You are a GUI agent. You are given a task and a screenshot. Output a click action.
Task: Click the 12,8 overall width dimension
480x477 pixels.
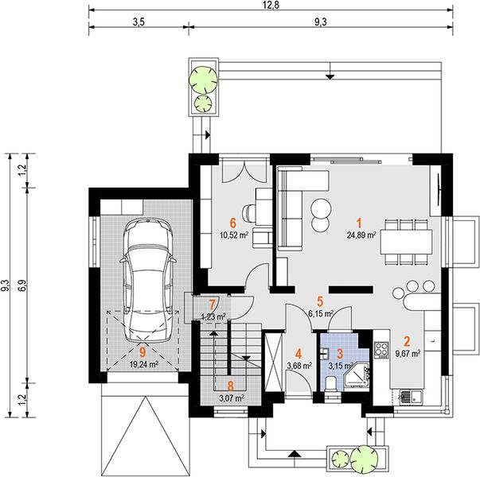click(x=271, y=6)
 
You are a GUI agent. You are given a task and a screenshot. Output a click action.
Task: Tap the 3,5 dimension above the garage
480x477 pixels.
click(x=139, y=22)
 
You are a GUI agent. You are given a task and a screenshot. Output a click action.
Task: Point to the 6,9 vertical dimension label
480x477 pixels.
click(x=23, y=285)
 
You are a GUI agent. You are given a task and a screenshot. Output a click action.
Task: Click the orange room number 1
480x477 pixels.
click(x=359, y=223)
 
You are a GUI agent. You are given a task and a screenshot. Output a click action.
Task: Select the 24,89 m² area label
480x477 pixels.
click(x=361, y=235)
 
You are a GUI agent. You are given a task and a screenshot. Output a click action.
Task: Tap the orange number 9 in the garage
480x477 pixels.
click(x=142, y=352)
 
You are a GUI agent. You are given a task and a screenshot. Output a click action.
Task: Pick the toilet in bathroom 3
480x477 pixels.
click(x=330, y=383)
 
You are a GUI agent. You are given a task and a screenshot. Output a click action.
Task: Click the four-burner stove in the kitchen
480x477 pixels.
click(x=382, y=349)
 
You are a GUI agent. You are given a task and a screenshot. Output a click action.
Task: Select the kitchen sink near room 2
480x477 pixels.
click(x=411, y=397)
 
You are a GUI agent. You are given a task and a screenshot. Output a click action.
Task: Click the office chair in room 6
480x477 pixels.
click(x=248, y=212)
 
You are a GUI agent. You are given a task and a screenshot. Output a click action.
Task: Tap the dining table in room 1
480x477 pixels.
click(x=406, y=242)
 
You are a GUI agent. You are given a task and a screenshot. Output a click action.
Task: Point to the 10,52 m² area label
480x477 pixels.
click(x=234, y=235)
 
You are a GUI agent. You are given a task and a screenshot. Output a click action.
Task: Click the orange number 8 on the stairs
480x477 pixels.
click(x=231, y=386)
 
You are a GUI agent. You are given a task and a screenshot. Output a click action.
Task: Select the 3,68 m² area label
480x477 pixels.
click(x=299, y=365)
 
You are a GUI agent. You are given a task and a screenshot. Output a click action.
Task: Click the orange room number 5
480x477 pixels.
click(x=320, y=301)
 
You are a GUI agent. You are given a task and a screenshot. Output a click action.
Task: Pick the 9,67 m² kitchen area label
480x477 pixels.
click(x=408, y=354)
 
